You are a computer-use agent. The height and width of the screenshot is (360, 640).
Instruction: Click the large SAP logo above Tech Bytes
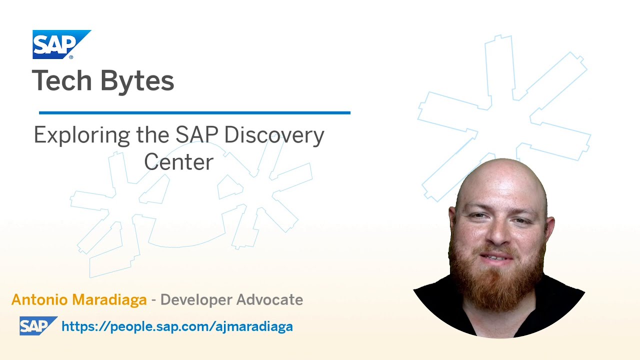pos(61,44)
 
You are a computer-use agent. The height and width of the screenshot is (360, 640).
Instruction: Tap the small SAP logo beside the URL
pos(37,326)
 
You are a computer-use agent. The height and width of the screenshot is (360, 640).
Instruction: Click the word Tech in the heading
pos(61,81)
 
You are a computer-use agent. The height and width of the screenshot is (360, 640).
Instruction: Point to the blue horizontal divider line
pos(194,113)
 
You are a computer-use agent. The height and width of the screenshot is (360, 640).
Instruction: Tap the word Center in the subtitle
pos(178,162)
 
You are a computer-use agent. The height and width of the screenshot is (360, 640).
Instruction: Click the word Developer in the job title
pos(195,300)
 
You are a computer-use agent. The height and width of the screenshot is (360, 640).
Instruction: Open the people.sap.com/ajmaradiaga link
pos(177,326)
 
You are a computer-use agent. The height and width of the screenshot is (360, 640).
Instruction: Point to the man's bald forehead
pos(500,185)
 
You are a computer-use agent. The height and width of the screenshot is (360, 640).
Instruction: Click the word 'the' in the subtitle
pos(152,135)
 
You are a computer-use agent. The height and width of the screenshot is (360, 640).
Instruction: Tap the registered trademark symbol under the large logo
pos(71,57)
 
